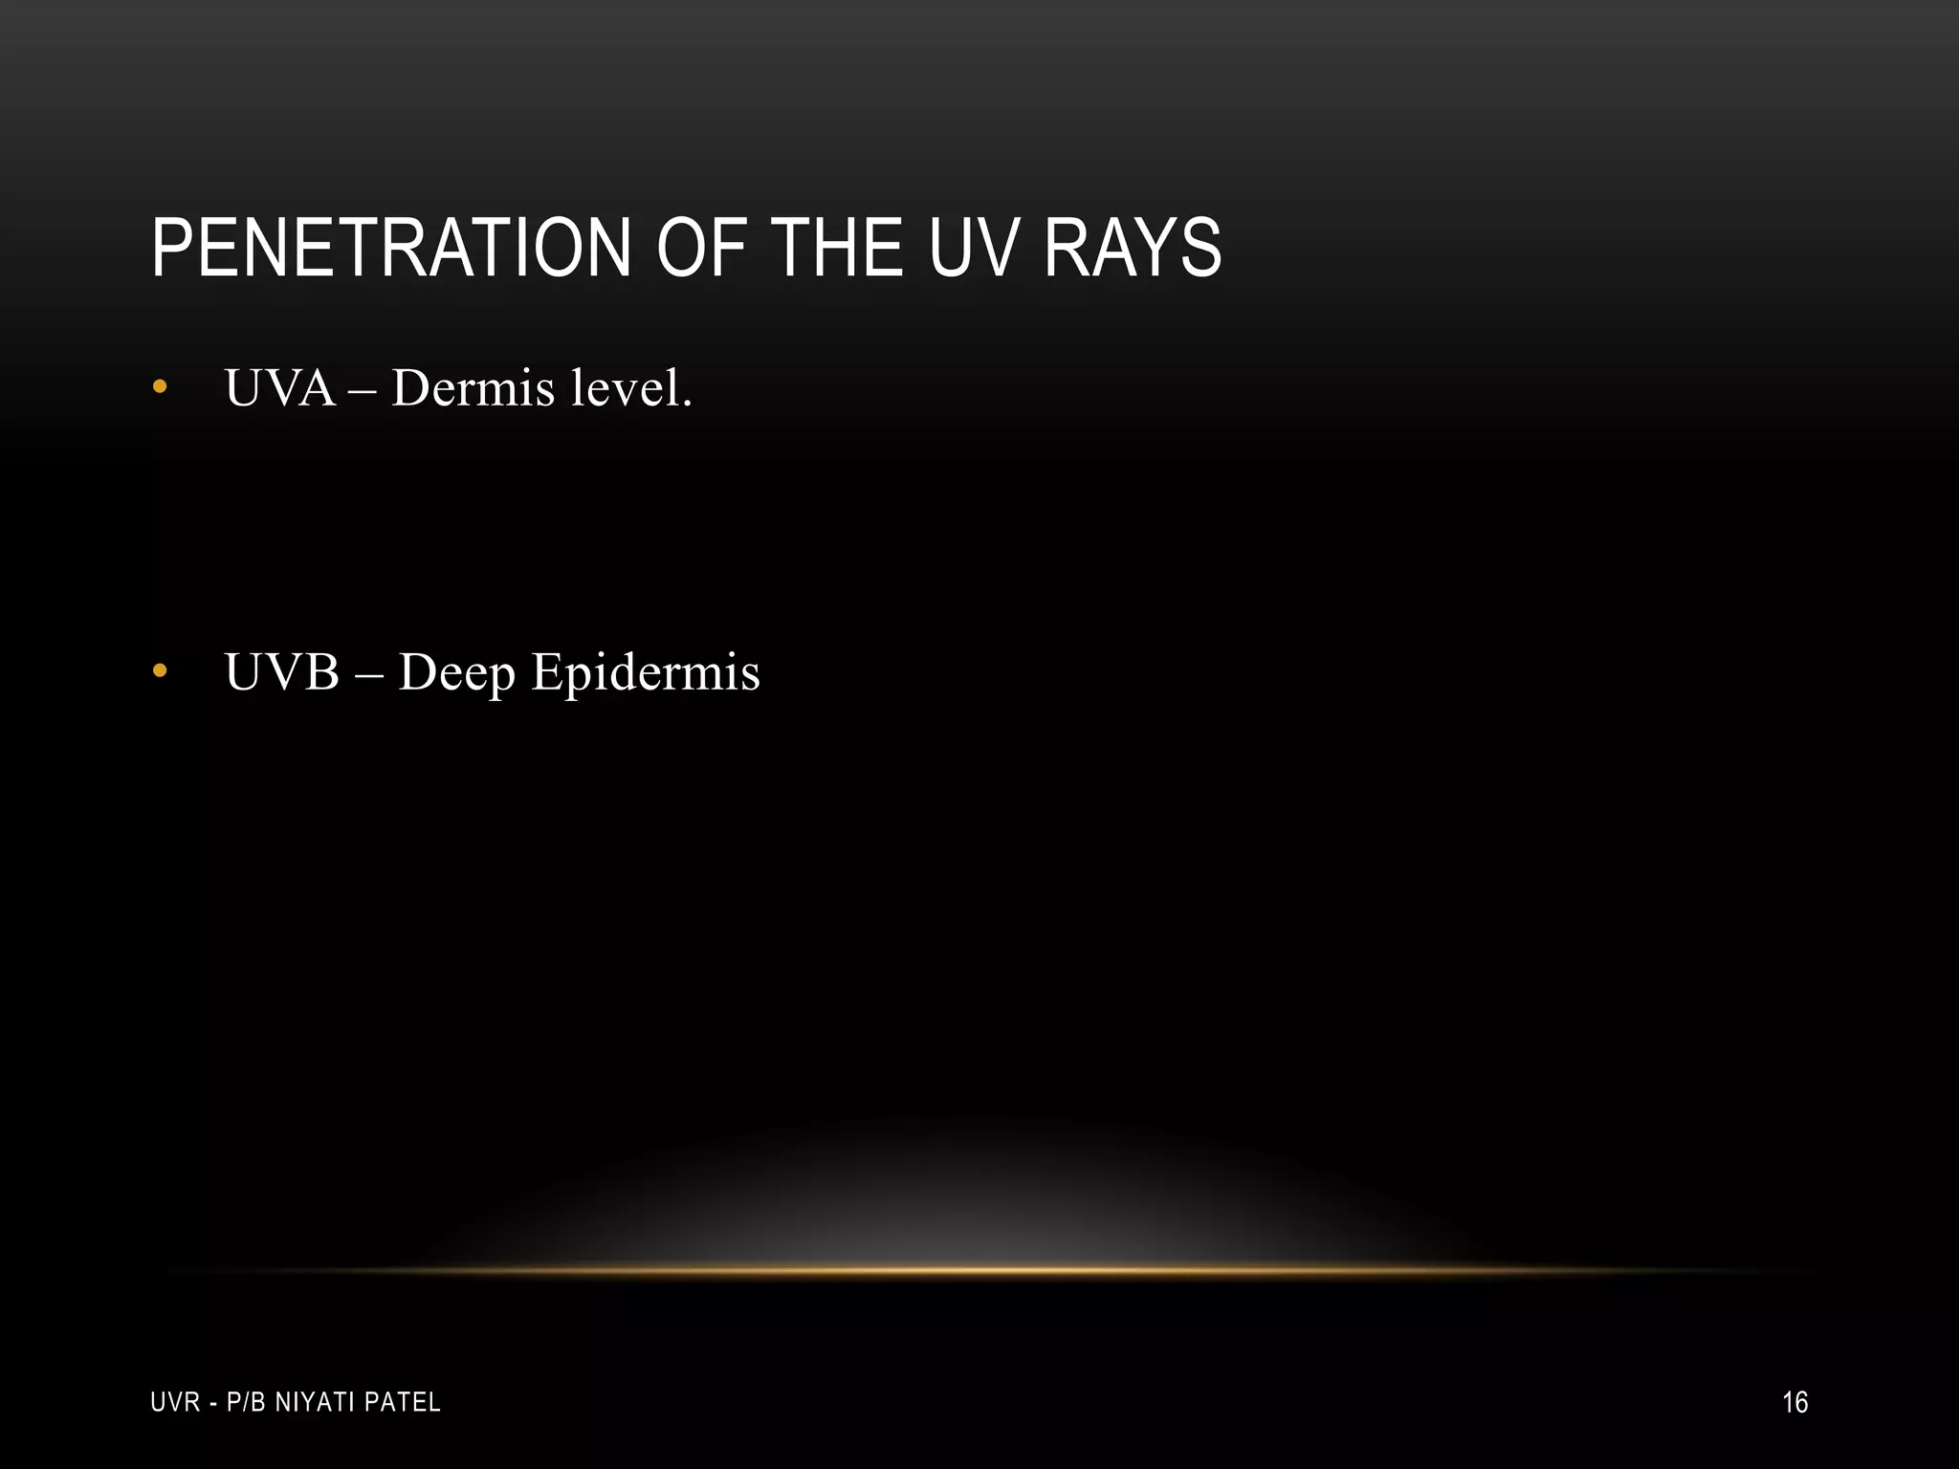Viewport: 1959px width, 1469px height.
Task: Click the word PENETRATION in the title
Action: click(391, 249)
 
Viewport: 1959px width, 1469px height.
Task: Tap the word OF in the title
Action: click(697, 249)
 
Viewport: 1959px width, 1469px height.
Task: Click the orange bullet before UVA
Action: click(160, 387)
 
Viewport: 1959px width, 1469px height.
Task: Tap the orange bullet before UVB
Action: click(160, 671)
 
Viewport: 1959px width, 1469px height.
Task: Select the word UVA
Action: click(280, 388)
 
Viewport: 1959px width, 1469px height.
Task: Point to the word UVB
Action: click(282, 671)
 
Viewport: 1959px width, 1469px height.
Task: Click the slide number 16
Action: click(1794, 1402)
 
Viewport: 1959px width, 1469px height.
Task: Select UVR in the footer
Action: click(175, 1402)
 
